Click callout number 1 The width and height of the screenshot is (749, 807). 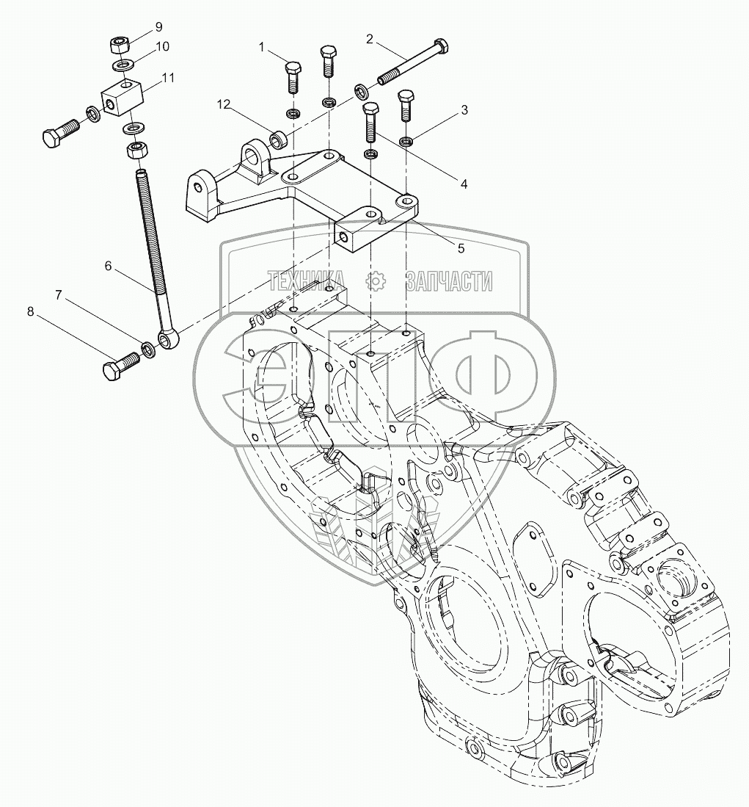(x=260, y=47)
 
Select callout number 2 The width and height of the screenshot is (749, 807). (x=370, y=38)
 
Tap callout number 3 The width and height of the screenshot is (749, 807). (x=464, y=111)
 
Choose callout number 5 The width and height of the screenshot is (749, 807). (x=461, y=248)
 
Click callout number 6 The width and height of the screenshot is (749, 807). (x=108, y=267)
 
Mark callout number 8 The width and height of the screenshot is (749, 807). (x=30, y=311)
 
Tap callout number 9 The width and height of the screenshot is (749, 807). (x=158, y=27)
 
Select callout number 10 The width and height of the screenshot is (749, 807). (x=162, y=46)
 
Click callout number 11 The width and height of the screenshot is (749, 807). (x=168, y=77)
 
